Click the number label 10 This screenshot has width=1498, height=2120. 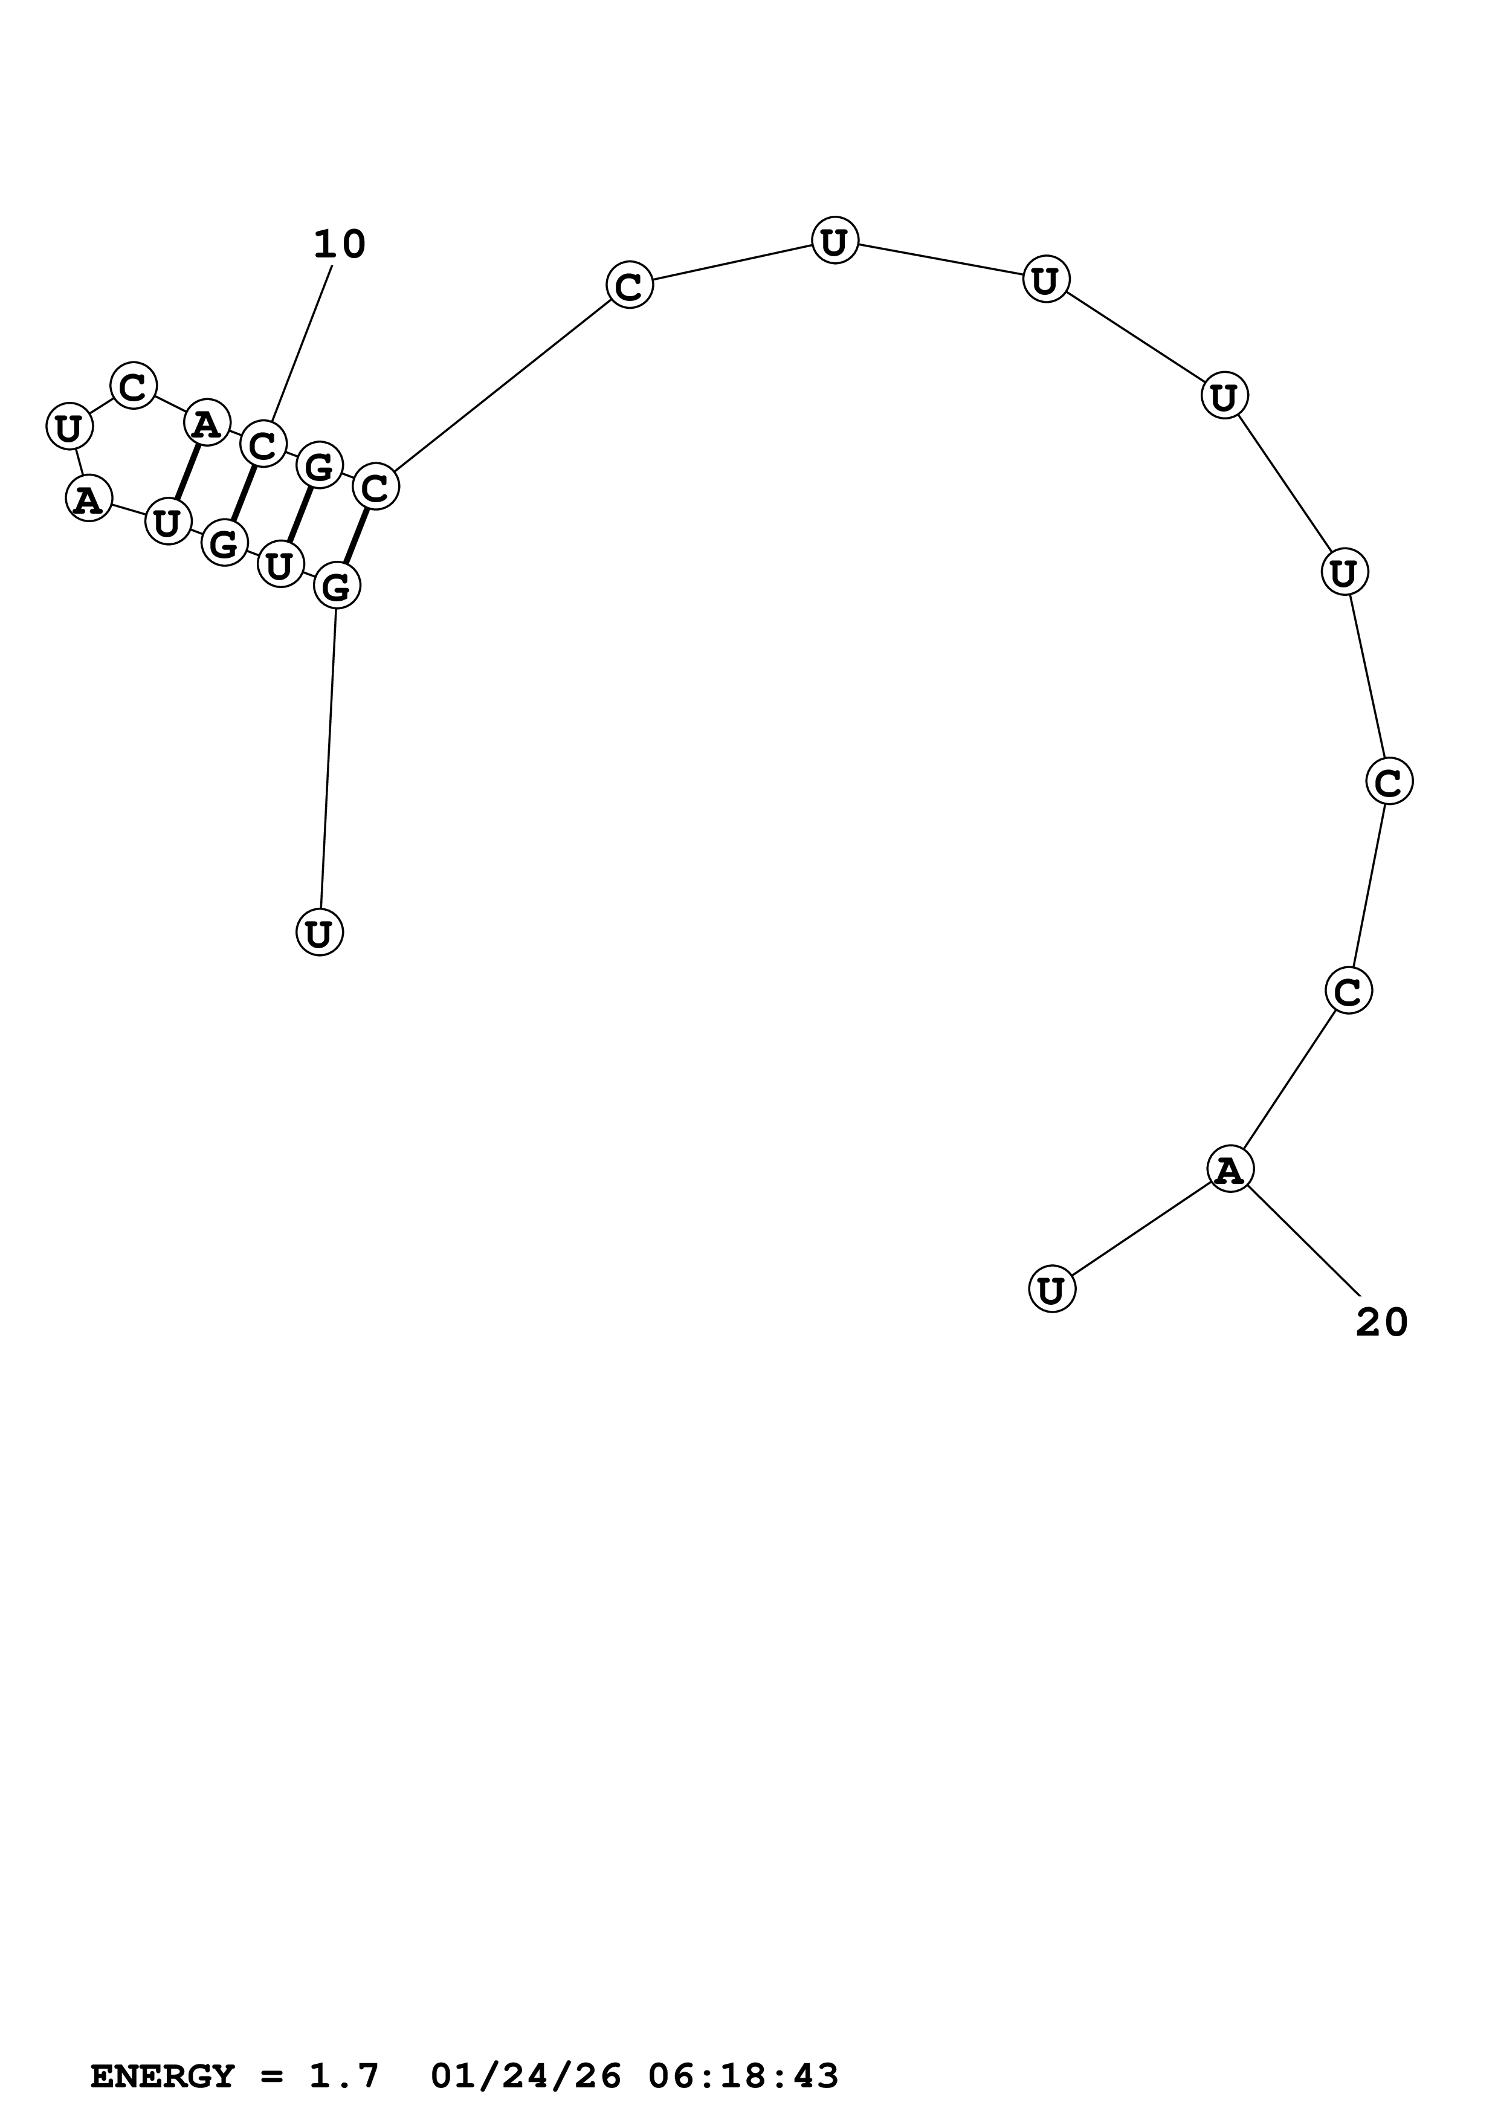[340, 245]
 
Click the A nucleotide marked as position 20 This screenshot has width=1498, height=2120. [1230, 1169]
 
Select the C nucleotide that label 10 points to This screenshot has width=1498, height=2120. [263, 445]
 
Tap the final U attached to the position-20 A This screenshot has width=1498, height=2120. [1052, 1289]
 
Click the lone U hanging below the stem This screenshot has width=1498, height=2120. [319, 932]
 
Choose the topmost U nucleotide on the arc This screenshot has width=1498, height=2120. [835, 241]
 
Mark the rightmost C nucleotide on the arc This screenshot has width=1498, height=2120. [1389, 782]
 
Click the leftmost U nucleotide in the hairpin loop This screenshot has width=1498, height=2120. [69, 427]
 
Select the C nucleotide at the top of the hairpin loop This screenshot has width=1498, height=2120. [134, 385]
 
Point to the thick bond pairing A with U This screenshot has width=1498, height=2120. [187, 473]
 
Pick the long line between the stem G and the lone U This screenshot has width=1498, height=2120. [328, 759]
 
